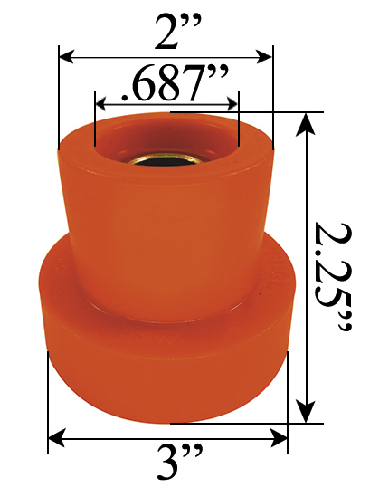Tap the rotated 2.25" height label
coord(331,272)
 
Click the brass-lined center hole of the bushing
coord(164,159)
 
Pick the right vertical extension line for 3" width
coord(288,398)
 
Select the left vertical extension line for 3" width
coord(47,398)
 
